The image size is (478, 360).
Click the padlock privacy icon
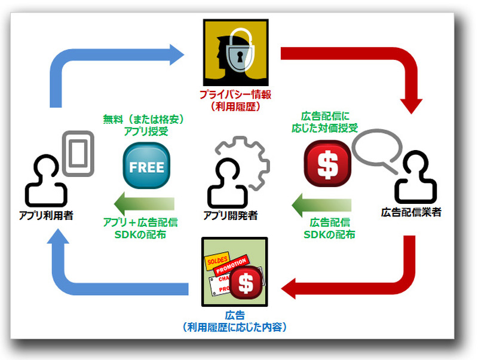tap(235, 53)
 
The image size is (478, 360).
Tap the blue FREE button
tap(146, 167)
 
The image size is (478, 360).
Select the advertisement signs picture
tap(235, 271)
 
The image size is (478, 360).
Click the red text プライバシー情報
tap(236, 96)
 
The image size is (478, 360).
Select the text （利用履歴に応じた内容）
tap(236, 327)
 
